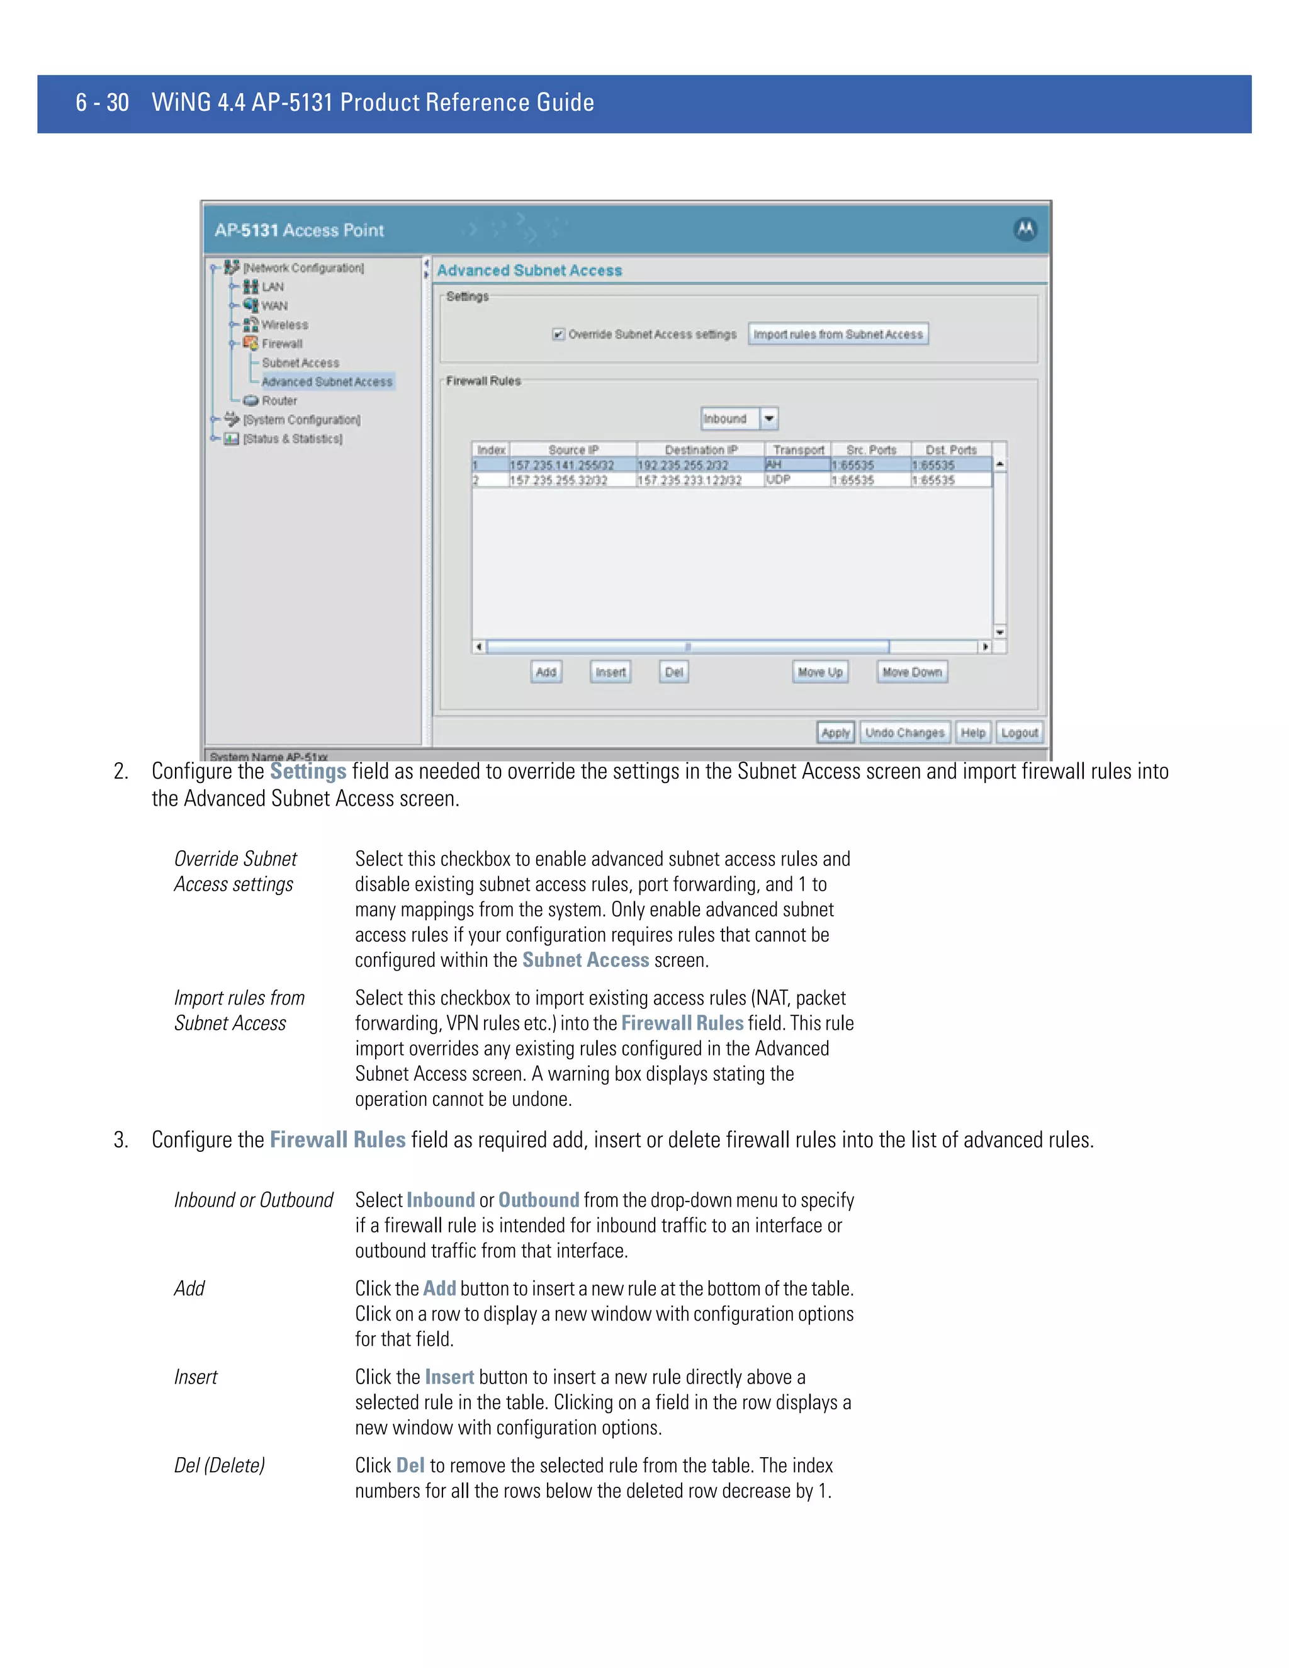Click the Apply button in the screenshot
(835, 733)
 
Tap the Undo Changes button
(904, 733)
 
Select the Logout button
(1020, 733)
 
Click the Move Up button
(819, 672)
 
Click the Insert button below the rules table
(610, 672)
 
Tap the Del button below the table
(673, 672)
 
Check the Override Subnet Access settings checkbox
(558, 334)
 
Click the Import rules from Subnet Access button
(838, 334)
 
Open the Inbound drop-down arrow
(769, 419)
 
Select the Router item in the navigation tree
(279, 401)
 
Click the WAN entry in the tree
(274, 305)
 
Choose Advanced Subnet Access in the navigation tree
(327, 382)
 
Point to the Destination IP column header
(701, 450)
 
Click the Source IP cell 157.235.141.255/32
(562, 465)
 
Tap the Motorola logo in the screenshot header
(1025, 229)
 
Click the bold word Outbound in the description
(538, 1200)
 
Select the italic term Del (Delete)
(219, 1465)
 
